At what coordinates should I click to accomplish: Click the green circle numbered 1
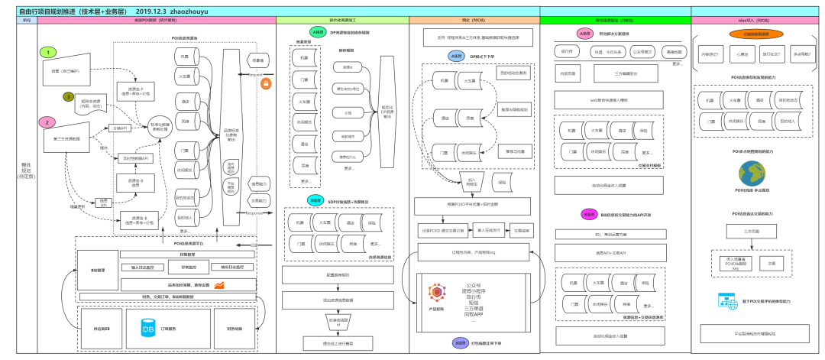[x=47, y=52]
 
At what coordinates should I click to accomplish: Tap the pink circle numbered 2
[x=47, y=122]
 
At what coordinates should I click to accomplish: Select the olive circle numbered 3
[x=68, y=97]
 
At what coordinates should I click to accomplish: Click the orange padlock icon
[x=267, y=83]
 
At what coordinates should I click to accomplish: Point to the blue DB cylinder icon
[x=148, y=329]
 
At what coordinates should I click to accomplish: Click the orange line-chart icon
[x=219, y=285]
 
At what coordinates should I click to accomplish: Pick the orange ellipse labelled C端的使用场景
[x=755, y=34]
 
